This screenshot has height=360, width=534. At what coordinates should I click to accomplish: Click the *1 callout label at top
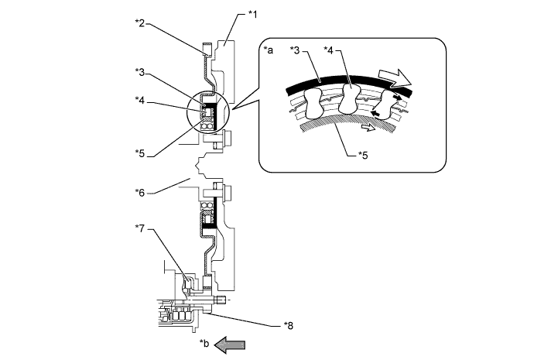tap(253, 14)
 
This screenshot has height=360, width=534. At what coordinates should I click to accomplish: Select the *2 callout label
tap(140, 23)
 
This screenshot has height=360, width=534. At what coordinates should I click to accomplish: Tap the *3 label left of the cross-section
tap(140, 72)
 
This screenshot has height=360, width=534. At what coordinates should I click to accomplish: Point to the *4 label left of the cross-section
tap(140, 101)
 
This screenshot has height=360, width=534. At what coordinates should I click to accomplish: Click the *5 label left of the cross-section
tap(140, 153)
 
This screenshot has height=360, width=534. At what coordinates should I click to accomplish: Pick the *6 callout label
tap(140, 193)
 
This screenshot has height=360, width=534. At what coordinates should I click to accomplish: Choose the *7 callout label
tap(140, 228)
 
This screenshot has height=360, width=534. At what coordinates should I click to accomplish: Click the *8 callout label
tap(289, 326)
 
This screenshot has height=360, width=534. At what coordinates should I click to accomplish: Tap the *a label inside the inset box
tap(269, 50)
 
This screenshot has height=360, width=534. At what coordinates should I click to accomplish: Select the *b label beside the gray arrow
tap(204, 343)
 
